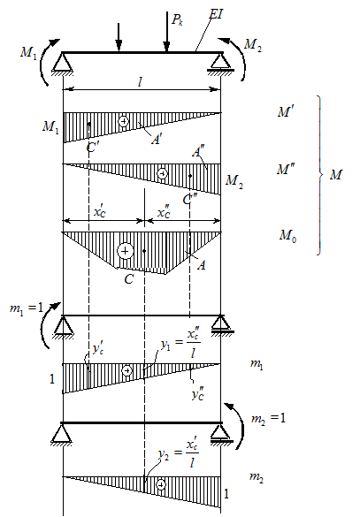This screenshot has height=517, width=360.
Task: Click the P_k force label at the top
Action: [x=177, y=19]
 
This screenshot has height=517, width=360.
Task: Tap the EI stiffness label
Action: [x=216, y=14]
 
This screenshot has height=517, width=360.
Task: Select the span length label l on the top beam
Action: [x=141, y=82]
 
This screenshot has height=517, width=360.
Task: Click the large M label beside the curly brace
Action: [x=335, y=174]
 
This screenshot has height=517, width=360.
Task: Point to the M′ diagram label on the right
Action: [x=286, y=112]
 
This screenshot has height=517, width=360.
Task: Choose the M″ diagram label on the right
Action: [x=286, y=170]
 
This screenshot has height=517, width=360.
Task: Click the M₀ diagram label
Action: [x=288, y=236]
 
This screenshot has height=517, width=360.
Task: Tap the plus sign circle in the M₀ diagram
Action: [x=125, y=251]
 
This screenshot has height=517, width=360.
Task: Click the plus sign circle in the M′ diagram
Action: [x=124, y=121]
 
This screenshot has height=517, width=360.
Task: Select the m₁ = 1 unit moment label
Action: [x=27, y=308]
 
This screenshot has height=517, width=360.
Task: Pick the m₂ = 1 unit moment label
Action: [x=268, y=418]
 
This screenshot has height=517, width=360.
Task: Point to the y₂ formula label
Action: [x=179, y=453]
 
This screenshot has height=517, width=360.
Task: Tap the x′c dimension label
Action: [x=100, y=212]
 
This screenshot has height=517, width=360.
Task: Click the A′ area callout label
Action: [x=157, y=140]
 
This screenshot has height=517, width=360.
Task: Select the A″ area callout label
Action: [x=197, y=152]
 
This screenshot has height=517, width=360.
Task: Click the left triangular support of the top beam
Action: [x=63, y=63]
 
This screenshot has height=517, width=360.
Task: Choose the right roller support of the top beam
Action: [x=220, y=63]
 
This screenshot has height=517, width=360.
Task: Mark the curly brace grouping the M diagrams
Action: [x=319, y=175]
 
